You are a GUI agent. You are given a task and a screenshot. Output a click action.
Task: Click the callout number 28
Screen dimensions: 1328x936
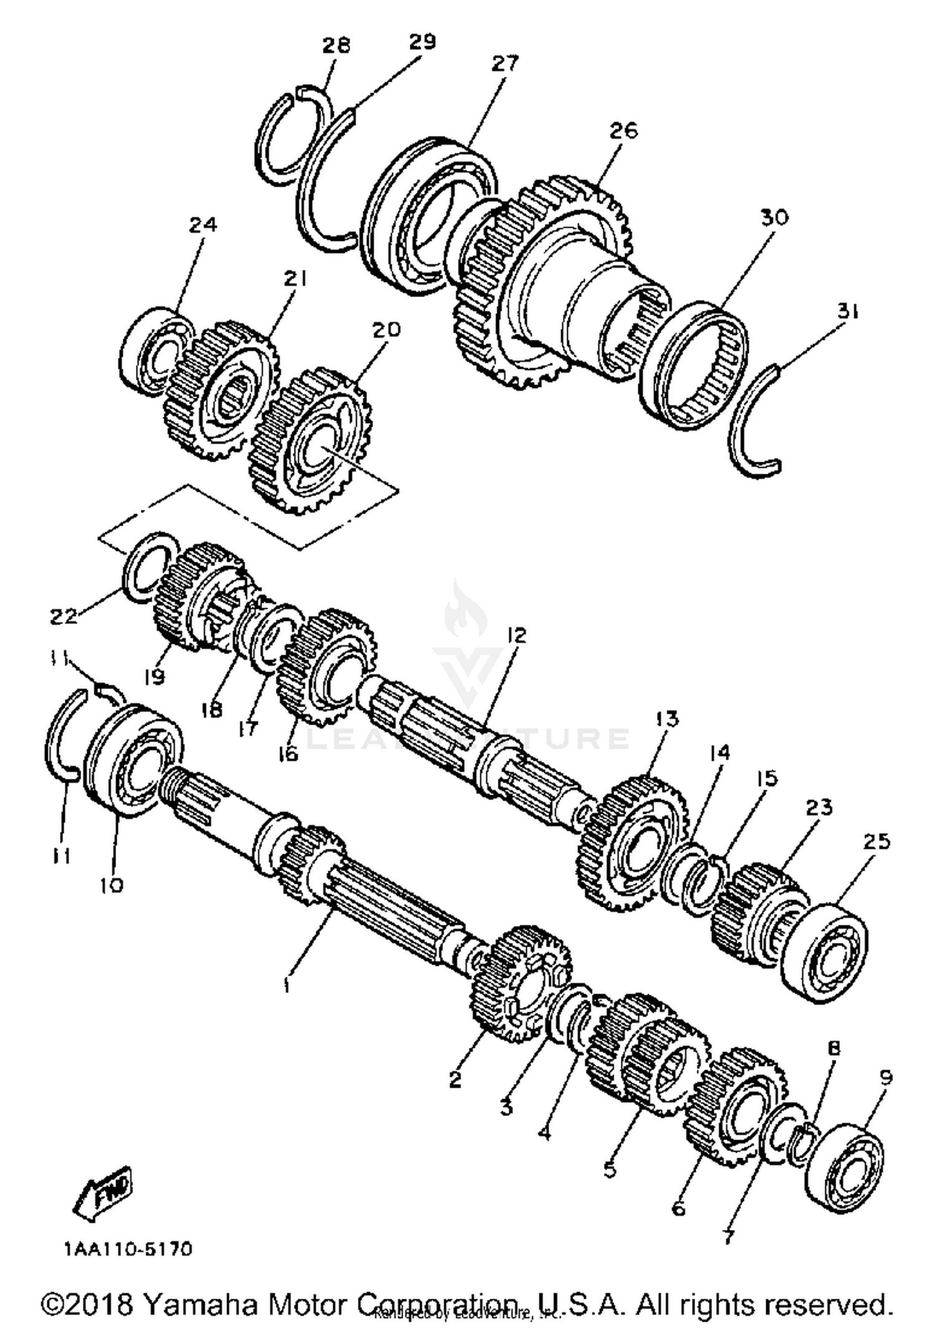coord(336,46)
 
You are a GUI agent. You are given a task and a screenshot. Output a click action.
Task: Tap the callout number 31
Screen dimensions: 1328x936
coord(847,310)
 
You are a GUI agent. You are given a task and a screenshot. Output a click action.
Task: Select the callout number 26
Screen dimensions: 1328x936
coord(623,130)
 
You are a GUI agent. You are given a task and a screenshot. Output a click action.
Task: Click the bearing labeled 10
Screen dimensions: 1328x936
coord(132,761)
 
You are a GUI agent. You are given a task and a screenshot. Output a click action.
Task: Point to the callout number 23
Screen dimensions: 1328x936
coord(818,807)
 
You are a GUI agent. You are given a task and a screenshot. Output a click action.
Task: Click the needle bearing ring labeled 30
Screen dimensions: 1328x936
coord(694,365)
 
